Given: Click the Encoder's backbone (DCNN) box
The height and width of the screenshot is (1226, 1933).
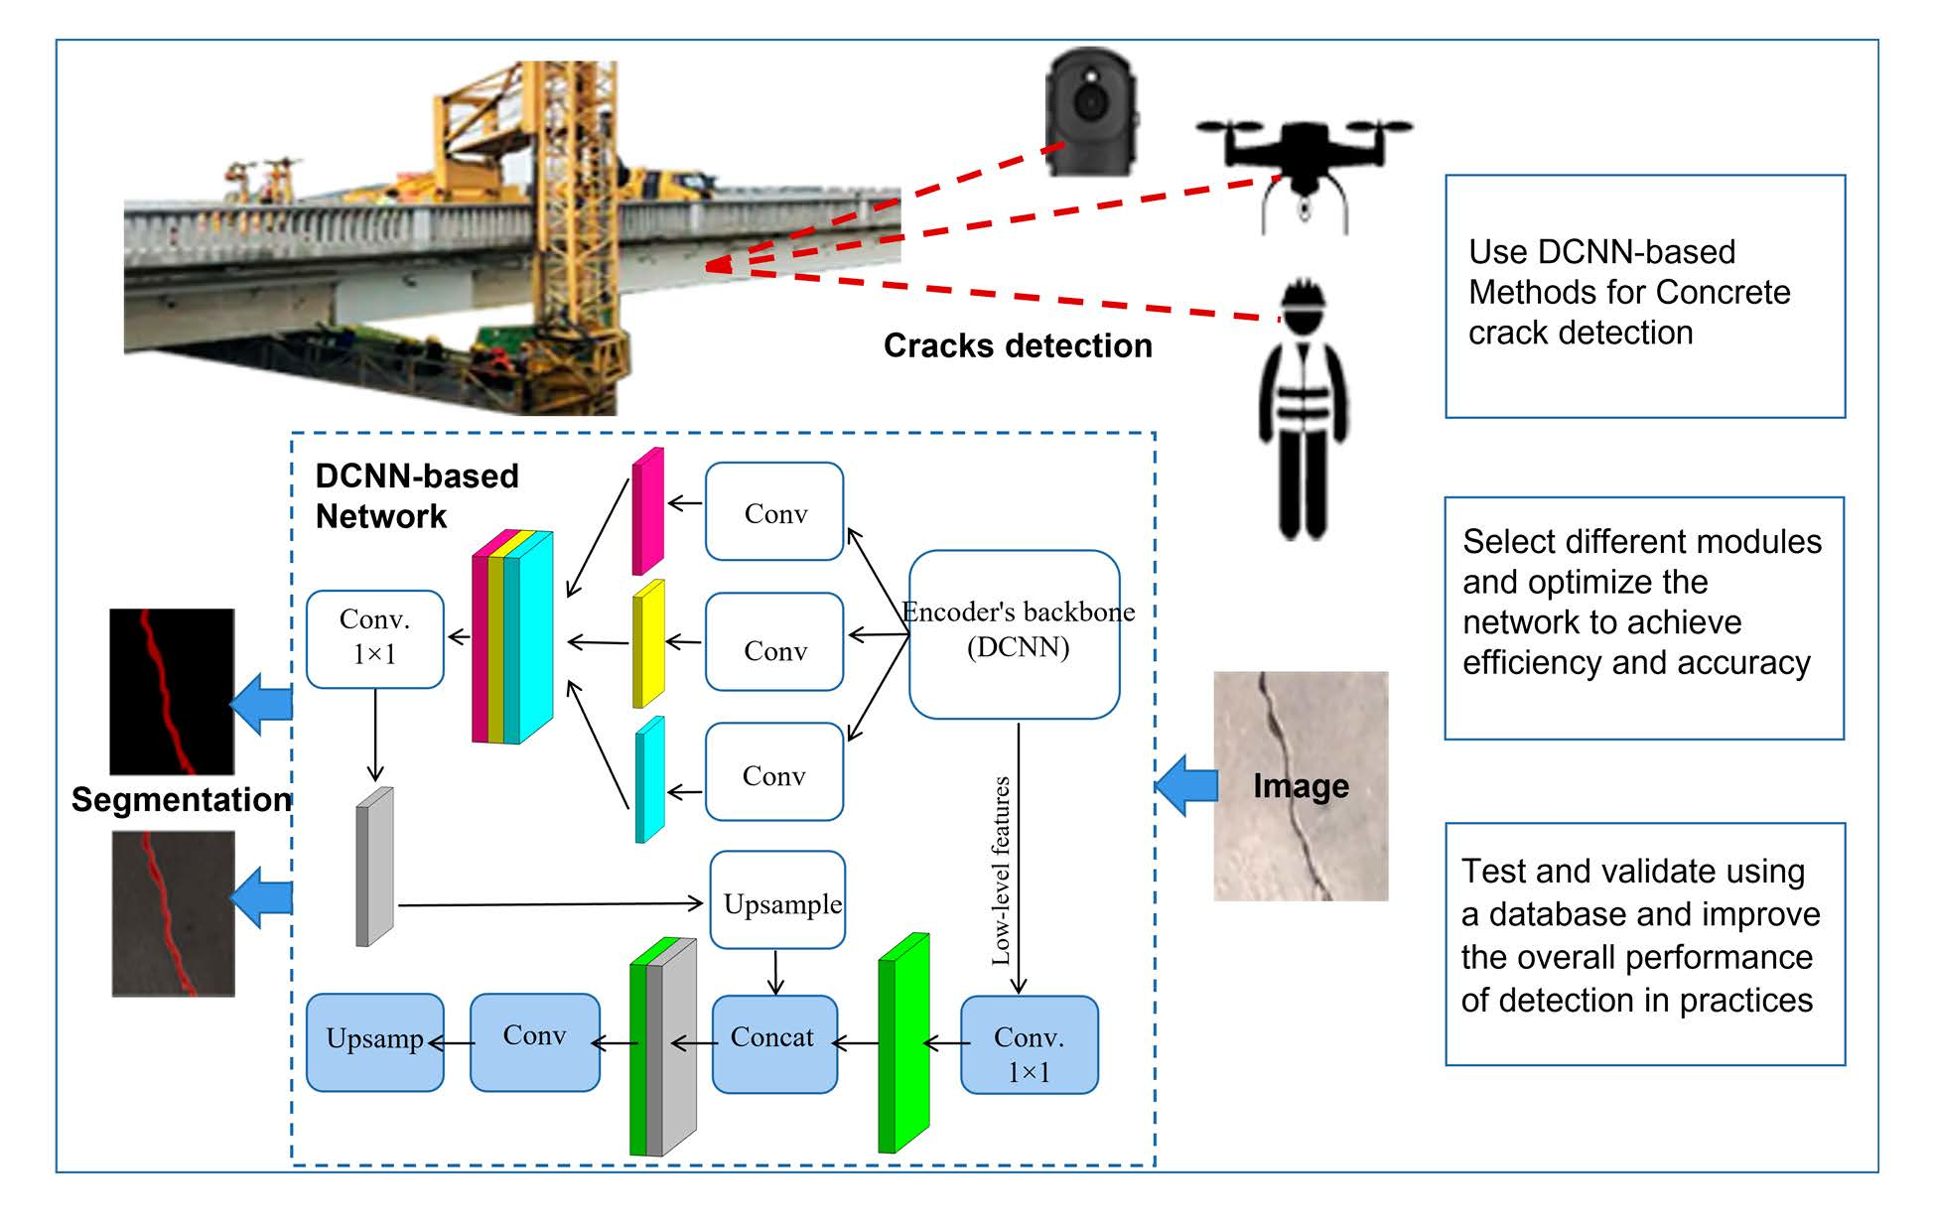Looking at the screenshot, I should tap(1015, 633).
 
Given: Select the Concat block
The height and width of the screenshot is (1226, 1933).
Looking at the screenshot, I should tap(774, 1043).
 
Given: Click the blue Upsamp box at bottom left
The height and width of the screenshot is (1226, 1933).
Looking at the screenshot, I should tap(374, 1042).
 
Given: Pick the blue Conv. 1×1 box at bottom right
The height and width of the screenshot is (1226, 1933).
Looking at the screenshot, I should tap(1029, 1045).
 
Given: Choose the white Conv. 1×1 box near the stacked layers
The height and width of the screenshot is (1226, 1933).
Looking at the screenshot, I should tap(374, 639).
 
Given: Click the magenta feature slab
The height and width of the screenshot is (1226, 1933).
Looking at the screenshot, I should tap(647, 511).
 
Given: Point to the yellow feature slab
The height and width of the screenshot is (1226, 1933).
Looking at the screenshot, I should tap(647, 643).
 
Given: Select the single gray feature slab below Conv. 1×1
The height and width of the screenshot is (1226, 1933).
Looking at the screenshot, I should tap(374, 867).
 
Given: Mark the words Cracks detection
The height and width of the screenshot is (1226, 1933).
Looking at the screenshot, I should tap(1018, 345).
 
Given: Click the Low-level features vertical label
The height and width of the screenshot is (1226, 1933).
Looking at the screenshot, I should tap(1001, 871).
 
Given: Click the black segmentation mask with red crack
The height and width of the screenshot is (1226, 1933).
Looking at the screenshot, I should tap(172, 692).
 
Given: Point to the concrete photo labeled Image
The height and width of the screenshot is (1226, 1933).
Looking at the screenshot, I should tap(1301, 785).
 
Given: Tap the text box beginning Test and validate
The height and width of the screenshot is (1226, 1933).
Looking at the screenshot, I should tap(1644, 943).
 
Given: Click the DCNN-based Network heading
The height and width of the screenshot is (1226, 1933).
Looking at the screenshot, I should tap(416, 496).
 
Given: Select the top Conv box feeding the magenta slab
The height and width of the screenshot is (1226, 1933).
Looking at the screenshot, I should tap(774, 511).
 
